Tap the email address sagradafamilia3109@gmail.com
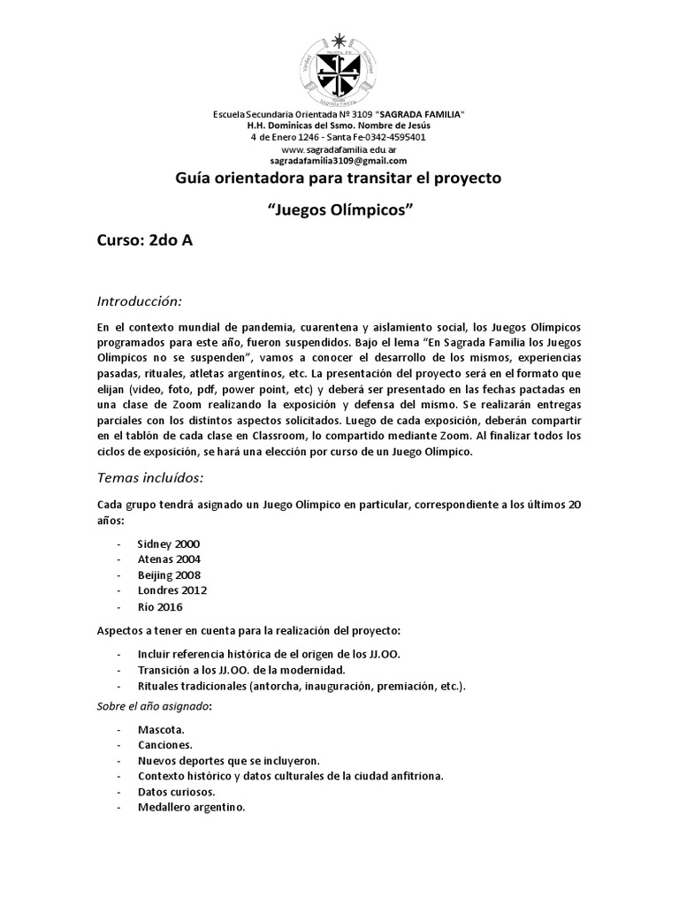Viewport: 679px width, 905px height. (x=339, y=161)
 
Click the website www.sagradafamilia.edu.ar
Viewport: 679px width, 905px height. (x=339, y=149)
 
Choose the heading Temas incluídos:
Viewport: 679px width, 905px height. (x=150, y=477)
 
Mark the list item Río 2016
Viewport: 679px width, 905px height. (x=162, y=606)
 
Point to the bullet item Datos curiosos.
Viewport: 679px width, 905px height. (x=176, y=792)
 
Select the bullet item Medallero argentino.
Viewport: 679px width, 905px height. (x=191, y=807)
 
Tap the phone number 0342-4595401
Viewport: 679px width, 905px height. (x=392, y=138)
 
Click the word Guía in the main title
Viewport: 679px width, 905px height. (x=193, y=179)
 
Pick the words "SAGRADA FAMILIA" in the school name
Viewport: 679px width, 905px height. (x=420, y=115)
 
